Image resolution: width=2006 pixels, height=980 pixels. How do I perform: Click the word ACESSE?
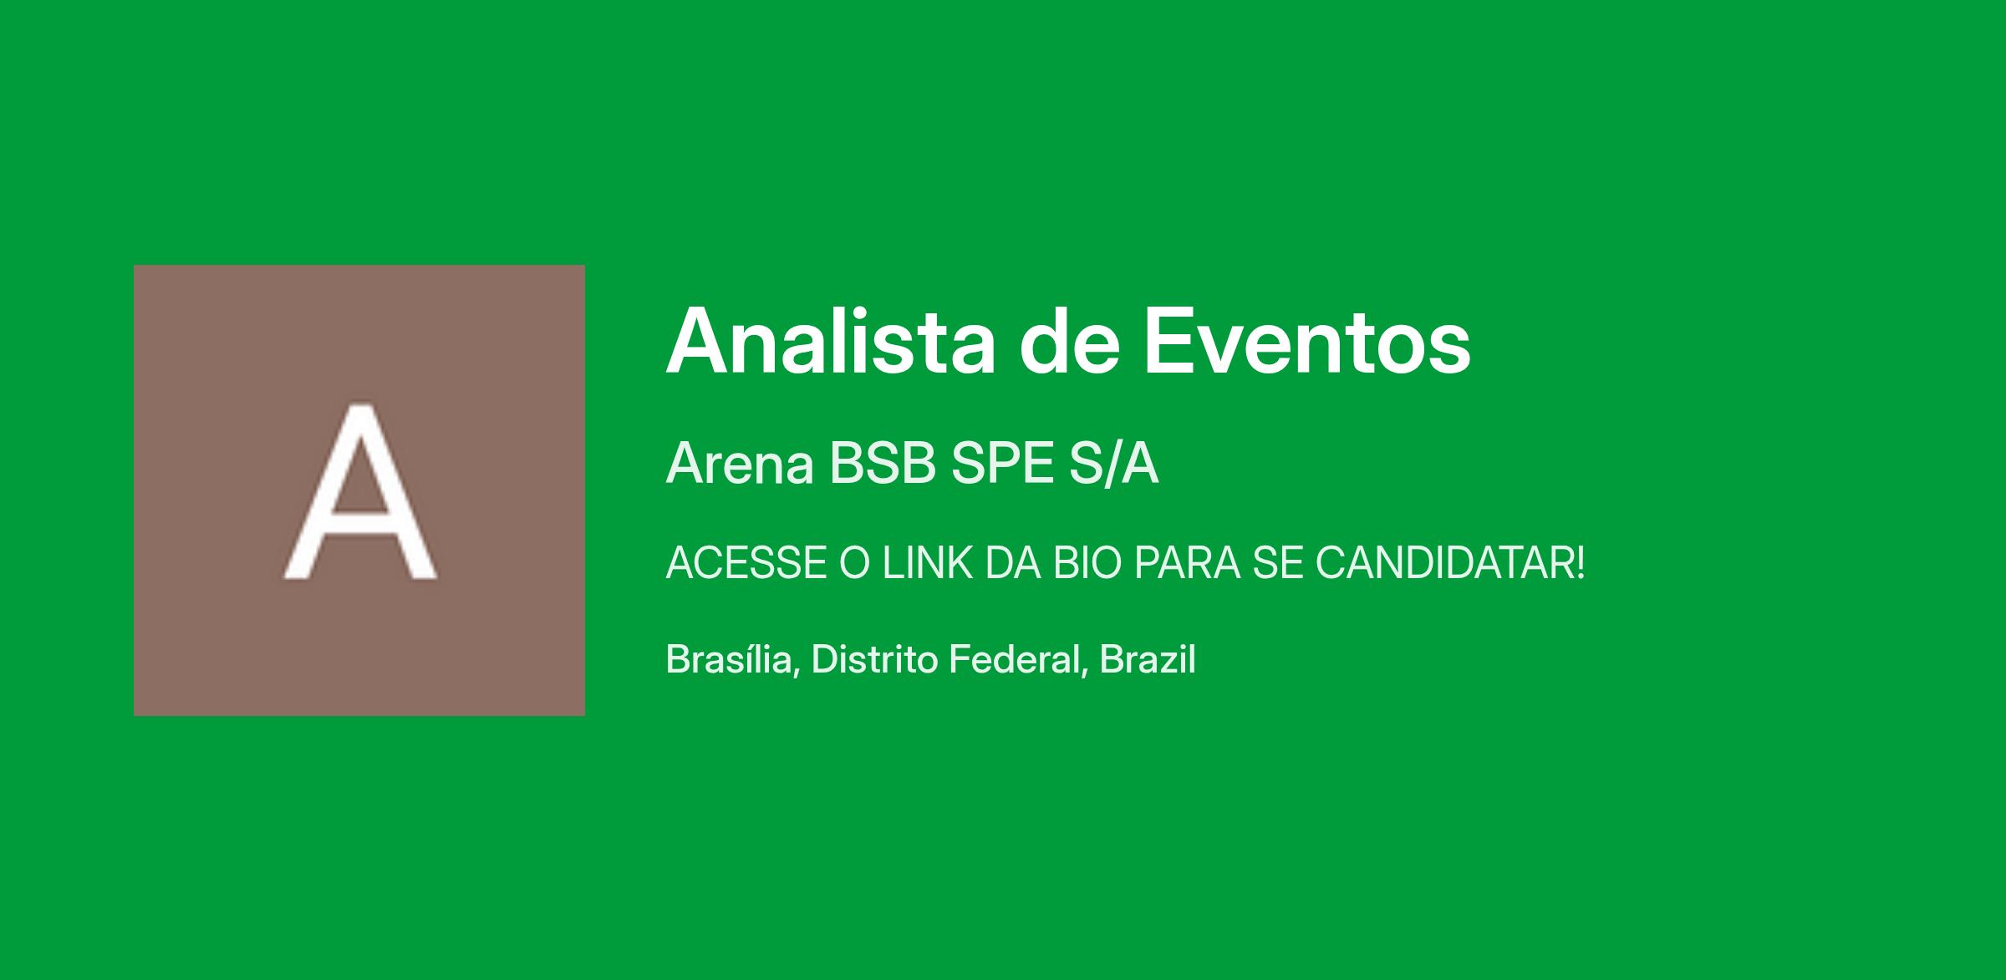tap(746, 563)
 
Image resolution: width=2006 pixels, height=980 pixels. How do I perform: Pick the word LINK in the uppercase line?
tap(928, 563)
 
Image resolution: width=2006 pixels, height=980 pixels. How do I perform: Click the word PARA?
tap(1187, 563)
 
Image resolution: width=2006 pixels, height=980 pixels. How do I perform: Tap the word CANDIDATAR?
tap(1450, 563)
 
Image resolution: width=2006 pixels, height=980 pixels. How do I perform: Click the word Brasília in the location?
tap(728, 659)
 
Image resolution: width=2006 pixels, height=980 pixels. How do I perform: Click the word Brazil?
tap(1148, 659)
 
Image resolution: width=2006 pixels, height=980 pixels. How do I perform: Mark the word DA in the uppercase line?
tap(1012, 563)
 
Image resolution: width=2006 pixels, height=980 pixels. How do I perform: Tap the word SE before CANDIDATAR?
tap(1277, 563)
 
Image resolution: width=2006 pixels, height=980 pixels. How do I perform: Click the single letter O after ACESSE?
tap(855, 563)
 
